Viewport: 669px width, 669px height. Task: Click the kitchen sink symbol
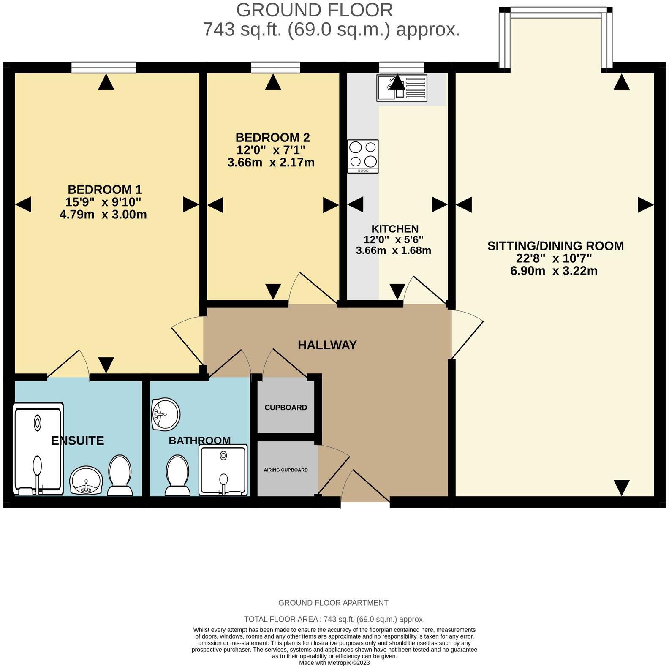(x=402, y=88)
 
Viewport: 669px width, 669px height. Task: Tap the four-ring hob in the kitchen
(x=363, y=156)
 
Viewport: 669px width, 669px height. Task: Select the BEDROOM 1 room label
(x=105, y=189)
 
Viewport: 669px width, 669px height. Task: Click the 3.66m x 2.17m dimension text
(x=271, y=162)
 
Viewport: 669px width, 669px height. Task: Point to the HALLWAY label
(x=327, y=345)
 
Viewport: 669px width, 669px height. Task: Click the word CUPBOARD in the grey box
(x=286, y=408)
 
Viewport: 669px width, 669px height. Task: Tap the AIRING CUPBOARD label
(x=286, y=470)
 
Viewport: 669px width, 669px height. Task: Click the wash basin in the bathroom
(x=166, y=414)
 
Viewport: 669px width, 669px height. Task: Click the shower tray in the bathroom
(x=223, y=470)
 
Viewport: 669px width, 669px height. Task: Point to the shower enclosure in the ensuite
(x=38, y=449)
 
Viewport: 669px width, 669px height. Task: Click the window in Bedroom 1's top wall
(x=104, y=67)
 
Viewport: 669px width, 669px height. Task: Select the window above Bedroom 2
(x=275, y=67)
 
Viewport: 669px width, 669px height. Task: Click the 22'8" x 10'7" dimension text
(x=554, y=258)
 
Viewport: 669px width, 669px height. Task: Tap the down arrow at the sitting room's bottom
(x=621, y=488)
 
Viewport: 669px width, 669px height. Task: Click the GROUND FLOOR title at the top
(x=314, y=10)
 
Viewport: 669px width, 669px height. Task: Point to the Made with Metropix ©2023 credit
(x=334, y=663)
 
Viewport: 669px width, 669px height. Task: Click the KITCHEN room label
(x=395, y=229)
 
